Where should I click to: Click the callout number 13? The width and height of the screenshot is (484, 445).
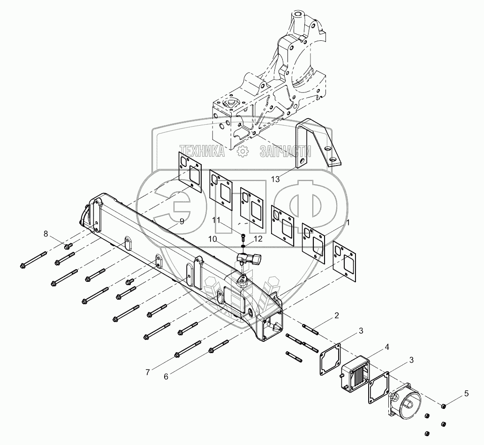click(x=275, y=179)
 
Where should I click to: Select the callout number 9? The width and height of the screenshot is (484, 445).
click(x=182, y=221)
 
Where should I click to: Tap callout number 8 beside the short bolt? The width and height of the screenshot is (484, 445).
click(x=45, y=234)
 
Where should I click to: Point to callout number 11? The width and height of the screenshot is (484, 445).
click(x=216, y=220)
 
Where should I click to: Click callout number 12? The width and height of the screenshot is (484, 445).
click(x=258, y=239)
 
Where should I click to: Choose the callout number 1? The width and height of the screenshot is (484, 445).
click(x=348, y=222)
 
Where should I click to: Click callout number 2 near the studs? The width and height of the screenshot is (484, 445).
click(x=336, y=316)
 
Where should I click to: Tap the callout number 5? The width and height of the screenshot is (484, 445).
click(x=466, y=393)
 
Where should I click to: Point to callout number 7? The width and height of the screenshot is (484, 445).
click(x=148, y=372)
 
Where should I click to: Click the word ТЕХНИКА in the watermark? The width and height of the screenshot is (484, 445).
click(x=202, y=151)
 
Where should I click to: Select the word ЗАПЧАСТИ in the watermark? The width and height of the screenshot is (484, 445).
click(x=286, y=151)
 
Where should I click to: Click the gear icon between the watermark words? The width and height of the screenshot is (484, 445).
click(x=242, y=151)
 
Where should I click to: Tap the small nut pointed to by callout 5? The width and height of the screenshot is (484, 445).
click(x=443, y=406)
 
